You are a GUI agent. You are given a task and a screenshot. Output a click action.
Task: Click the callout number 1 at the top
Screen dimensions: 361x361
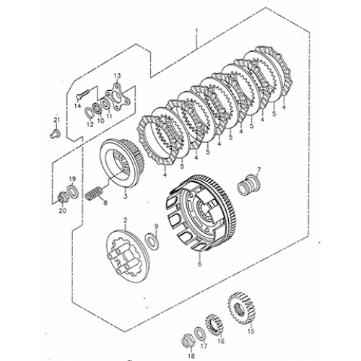[196, 31]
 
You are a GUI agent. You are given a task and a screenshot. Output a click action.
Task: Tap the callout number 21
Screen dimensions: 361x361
[56, 120]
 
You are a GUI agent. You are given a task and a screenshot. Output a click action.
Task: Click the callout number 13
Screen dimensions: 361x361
[117, 76]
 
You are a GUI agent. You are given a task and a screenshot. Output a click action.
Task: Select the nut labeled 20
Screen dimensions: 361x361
[61, 198]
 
